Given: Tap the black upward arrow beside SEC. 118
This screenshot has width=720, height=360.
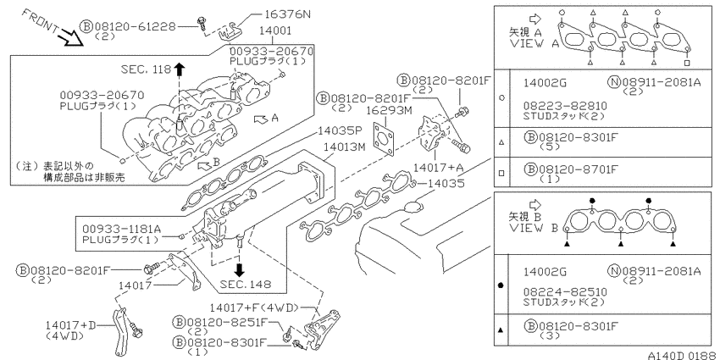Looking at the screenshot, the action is (x=179, y=69).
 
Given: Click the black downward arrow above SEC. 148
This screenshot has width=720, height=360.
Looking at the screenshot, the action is (x=239, y=269).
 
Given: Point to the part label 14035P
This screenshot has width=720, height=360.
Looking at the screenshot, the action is (x=335, y=132).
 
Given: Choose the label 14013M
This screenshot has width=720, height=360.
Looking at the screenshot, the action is (x=342, y=147).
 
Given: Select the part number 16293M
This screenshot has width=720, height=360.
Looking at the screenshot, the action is (x=385, y=111).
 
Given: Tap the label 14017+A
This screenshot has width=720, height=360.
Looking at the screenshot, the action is (x=437, y=167).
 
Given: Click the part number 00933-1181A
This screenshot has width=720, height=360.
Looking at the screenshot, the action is (x=121, y=229).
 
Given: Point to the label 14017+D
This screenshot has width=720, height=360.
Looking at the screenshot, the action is (x=71, y=325).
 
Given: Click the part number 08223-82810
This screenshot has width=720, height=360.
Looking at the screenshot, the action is (x=565, y=106).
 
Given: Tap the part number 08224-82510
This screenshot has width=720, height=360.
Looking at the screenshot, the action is (x=565, y=292).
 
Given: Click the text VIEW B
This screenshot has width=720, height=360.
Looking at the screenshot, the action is (x=534, y=227).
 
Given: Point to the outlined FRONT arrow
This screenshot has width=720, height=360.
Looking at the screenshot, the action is (x=72, y=37).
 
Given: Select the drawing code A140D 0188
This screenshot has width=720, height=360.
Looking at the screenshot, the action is (x=684, y=355).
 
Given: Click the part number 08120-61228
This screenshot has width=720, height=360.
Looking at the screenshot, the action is (x=135, y=26).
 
